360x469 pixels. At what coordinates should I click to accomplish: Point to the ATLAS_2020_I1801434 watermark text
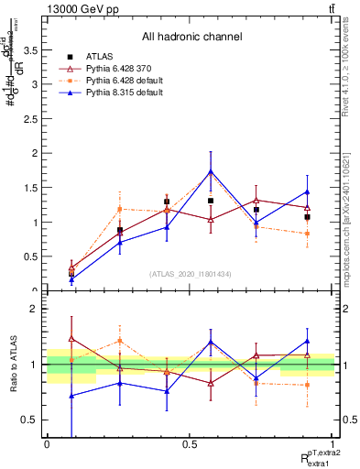191,274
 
